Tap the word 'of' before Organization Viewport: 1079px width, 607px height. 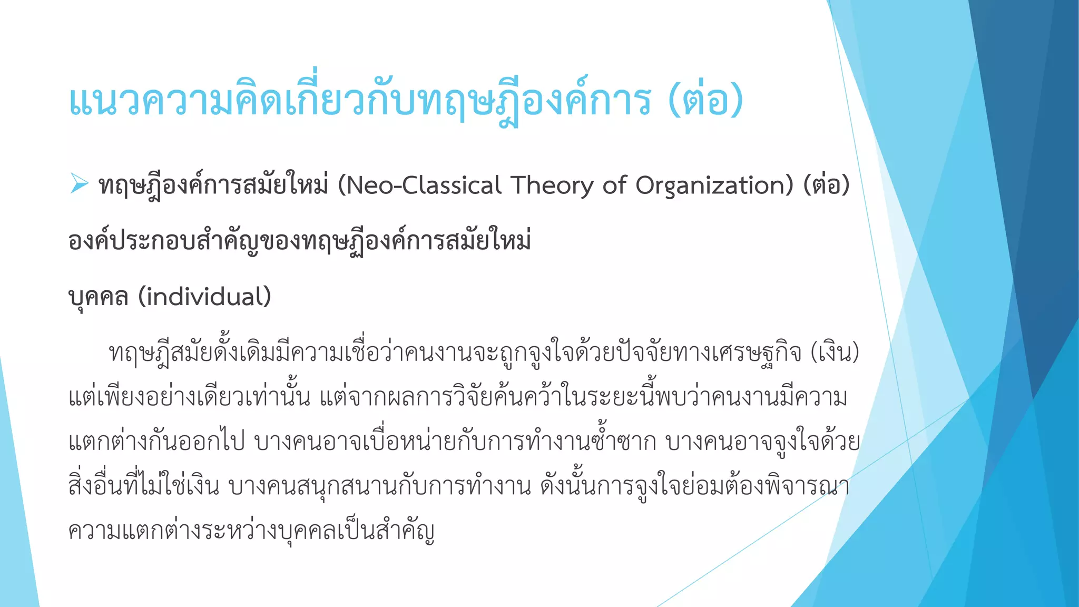pyautogui.click(x=614, y=185)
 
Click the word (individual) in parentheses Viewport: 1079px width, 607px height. pyautogui.click(x=204, y=297)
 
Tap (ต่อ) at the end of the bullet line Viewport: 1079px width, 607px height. pyautogui.click(x=826, y=185)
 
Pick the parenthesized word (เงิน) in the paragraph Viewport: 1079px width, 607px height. pyautogui.click(x=835, y=353)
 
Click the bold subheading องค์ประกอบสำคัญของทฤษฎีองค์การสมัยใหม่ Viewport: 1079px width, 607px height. pyautogui.click(x=299, y=241)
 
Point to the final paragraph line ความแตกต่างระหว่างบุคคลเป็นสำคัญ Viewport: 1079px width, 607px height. pyautogui.click(x=251, y=531)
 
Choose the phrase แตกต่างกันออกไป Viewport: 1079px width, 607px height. pyautogui.click(x=156, y=442)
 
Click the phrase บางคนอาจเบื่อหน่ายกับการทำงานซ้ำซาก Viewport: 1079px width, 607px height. pyautogui.click(x=455, y=442)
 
